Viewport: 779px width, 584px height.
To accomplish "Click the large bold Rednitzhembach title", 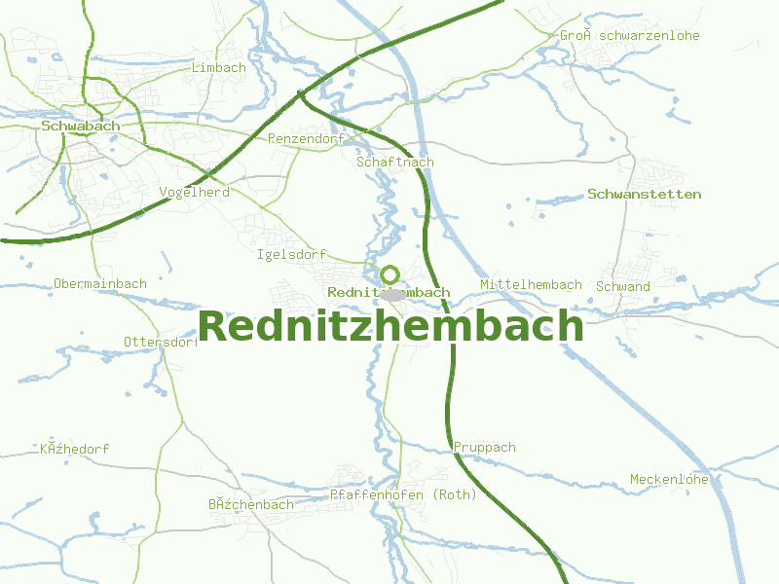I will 390,327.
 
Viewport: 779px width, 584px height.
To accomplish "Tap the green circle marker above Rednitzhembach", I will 389,274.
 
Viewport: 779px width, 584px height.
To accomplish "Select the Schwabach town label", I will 81,126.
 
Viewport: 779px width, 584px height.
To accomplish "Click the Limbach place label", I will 218,67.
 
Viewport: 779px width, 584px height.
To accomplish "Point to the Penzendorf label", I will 306,139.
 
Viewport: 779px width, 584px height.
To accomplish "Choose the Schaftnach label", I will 395,162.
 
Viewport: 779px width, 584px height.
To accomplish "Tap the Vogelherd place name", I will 194,192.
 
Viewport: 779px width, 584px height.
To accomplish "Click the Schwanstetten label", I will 644,194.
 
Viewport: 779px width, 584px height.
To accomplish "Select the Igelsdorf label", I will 291,255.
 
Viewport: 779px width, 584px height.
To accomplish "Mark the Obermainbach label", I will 100,283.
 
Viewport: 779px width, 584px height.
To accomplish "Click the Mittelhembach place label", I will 531,284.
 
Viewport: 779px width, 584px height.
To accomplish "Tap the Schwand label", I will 622,286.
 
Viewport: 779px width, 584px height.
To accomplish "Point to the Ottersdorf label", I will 161,342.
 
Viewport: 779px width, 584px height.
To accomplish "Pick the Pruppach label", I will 484,447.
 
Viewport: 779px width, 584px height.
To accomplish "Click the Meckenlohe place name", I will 668,479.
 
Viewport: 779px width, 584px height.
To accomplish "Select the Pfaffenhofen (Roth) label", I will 403,494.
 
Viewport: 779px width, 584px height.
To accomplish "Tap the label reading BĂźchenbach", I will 250,504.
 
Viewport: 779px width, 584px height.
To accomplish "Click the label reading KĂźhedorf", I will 74,449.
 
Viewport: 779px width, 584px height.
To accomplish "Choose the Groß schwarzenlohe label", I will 629,36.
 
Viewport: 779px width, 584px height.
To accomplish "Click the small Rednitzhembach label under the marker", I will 389,292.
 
